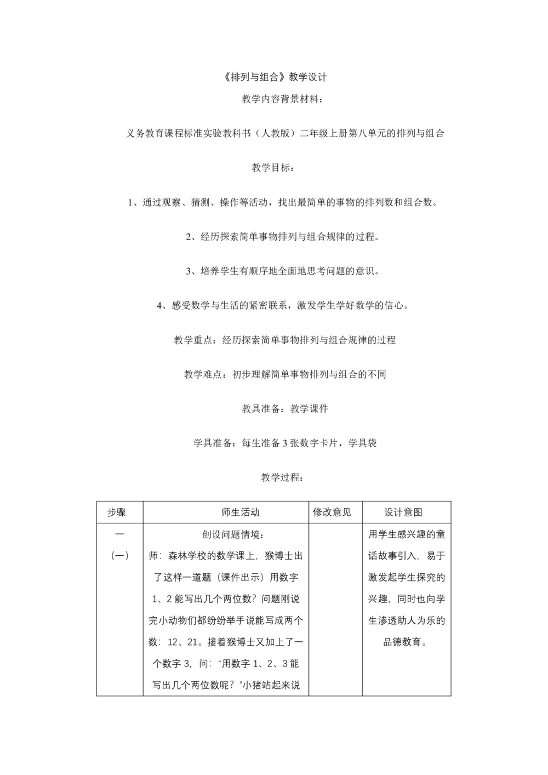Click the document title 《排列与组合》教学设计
tap(276, 77)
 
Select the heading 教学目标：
tap(273, 168)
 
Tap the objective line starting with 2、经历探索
tap(283, 237)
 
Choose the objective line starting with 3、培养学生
tap(283, 271)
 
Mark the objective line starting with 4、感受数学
tap(283, 306)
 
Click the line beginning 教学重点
tap(285, 340)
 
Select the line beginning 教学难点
tap(285, 375)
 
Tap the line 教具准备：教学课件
tap(285, 409)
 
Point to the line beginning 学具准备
tap(285, 443)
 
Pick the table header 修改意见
tap(332, 512)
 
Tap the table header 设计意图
tap(403, 512)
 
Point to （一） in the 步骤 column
tap(119, 556)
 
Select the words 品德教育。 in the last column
tap(406, 642)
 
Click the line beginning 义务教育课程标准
tap(285, 133)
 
